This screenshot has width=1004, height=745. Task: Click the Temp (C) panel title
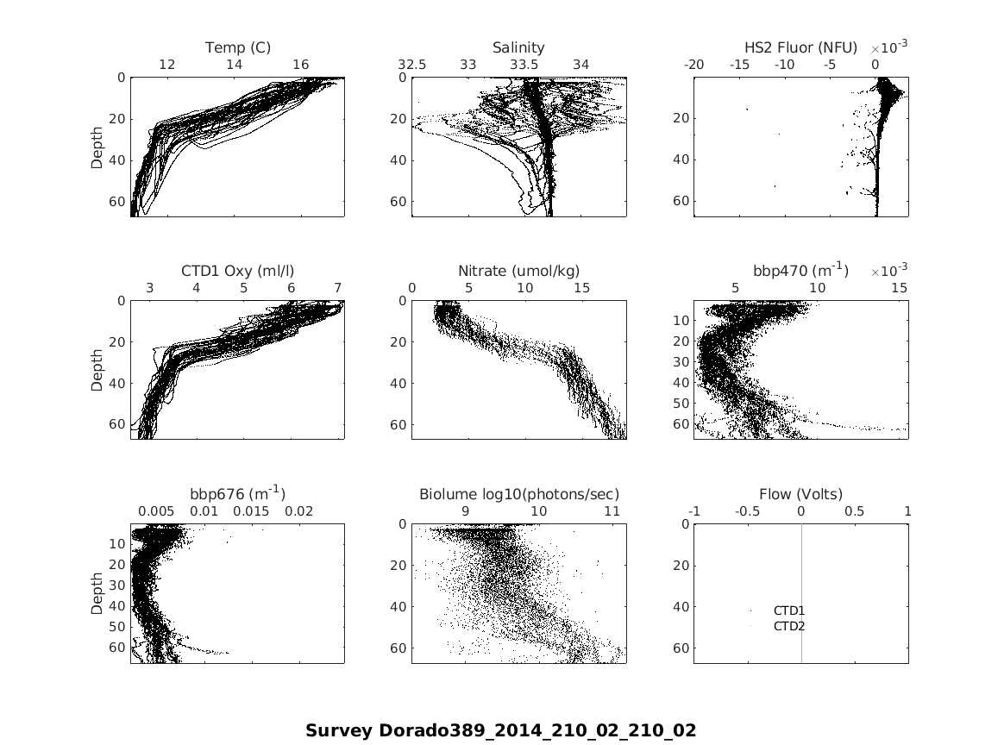click(237, 47)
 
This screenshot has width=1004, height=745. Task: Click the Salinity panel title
click(518, 47)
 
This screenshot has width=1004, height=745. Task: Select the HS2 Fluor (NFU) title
click(800, 47)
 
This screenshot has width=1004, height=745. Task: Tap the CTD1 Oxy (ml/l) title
click(237, 271)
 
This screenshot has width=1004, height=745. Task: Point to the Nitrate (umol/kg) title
click(518, 271)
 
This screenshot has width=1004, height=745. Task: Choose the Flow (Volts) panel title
click(800, 494)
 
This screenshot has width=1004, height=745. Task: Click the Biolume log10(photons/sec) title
click(518, 494)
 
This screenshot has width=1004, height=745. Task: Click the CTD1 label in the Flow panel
click(788, 610)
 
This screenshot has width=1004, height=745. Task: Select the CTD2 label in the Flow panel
click(788, 626)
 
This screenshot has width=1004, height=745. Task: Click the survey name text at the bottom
click(500, 730)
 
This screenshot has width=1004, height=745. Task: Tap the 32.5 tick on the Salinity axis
click(412, 65)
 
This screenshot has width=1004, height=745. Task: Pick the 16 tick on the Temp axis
click(300, 65)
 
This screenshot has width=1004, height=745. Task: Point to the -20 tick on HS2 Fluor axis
click(693, 65)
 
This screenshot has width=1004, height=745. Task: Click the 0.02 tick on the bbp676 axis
click(298, 511)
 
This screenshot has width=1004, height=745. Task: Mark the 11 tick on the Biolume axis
click(612, 511)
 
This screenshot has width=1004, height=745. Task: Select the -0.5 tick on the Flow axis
click(747, 511)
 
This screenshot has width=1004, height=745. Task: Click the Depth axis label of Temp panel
click(97, 146)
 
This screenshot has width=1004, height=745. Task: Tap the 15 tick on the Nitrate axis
click(581, 288)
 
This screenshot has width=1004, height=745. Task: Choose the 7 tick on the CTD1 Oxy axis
click(337, 288)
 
